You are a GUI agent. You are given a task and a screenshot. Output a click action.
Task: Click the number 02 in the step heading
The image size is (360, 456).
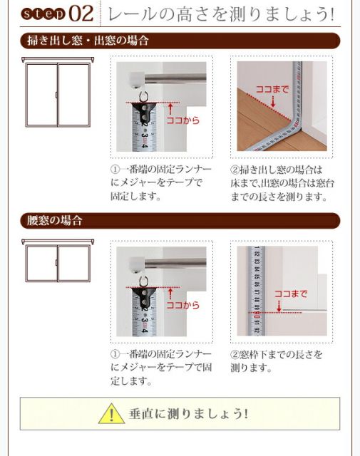coord(81,14)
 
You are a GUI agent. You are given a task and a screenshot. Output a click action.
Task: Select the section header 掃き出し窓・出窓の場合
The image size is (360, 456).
coord(89,41)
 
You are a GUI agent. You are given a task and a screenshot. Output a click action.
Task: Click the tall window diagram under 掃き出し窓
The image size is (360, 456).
coord(57,96)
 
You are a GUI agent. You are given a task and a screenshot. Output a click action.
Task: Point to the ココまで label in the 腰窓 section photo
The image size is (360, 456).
coord(290,294)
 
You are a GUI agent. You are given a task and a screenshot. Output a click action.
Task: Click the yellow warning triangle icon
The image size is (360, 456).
coord(112,413)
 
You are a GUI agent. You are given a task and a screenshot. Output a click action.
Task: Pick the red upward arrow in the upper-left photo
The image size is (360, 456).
coord(171,108)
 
